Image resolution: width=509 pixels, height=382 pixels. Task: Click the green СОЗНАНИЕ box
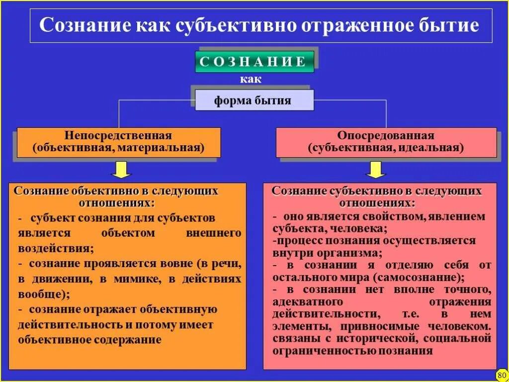[254, 62]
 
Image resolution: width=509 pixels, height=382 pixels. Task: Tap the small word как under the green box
[251, 80]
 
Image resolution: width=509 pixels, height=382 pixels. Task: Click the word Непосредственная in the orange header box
[118, 136]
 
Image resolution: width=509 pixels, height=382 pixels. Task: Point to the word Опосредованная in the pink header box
[386, 136]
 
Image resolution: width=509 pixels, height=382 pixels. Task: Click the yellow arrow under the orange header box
[121, 169]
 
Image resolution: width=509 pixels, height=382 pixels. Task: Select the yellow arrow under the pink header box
[376, 169]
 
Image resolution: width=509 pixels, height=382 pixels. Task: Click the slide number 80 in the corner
[501, 375]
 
